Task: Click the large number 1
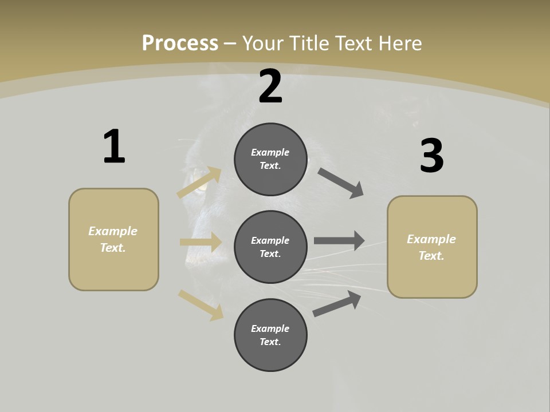114,146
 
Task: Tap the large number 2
270,86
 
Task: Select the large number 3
431,156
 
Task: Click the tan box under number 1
113,239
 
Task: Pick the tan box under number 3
432,247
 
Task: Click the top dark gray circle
270,159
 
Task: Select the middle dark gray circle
270,247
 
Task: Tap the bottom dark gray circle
270,335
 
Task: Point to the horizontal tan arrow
201,242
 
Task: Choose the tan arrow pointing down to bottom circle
201,304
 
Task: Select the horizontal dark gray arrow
339,240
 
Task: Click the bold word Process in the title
180,43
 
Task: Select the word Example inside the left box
113,231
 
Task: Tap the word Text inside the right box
431,256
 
